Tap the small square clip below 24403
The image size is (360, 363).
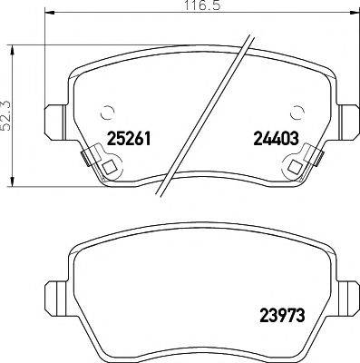click(296, 167)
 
